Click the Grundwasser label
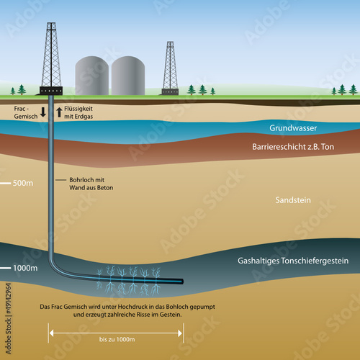tap(293, 128)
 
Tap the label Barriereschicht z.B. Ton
tap(293, 147)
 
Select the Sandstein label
tap(293, 200)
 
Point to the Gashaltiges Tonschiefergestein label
tap(293, 261)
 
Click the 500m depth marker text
tap(23, 183)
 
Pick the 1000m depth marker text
tap(25, 268)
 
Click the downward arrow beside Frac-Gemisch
tap(43, 112)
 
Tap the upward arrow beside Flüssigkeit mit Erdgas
tap(59, 112)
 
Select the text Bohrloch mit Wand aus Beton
tap(91, 184)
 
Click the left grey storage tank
tap(92, 76)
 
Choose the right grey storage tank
tap(128, 76)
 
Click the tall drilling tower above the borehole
tap(51, 58)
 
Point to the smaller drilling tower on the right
tap(171, 68)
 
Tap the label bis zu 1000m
tap(117, 339)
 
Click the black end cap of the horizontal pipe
tap(182, 282)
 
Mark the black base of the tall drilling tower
tap(51, 91)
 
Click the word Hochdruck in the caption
tap(132, 307)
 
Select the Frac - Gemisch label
tap(26, 112)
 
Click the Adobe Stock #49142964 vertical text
tap(9, 318)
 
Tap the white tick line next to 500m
tap(5, 184)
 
